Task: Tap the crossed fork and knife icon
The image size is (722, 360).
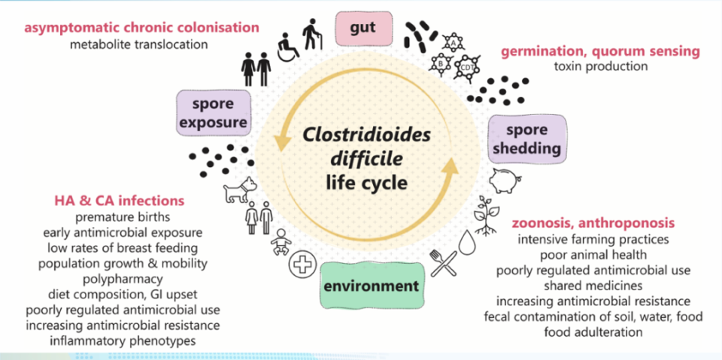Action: click(441, 262)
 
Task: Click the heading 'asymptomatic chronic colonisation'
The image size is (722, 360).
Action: click(141, 28)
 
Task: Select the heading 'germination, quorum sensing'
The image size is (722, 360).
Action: click(600, 51)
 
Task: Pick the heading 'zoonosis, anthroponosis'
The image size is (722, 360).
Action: click(593, 224)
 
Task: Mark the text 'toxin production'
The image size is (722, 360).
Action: click(600, 66)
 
